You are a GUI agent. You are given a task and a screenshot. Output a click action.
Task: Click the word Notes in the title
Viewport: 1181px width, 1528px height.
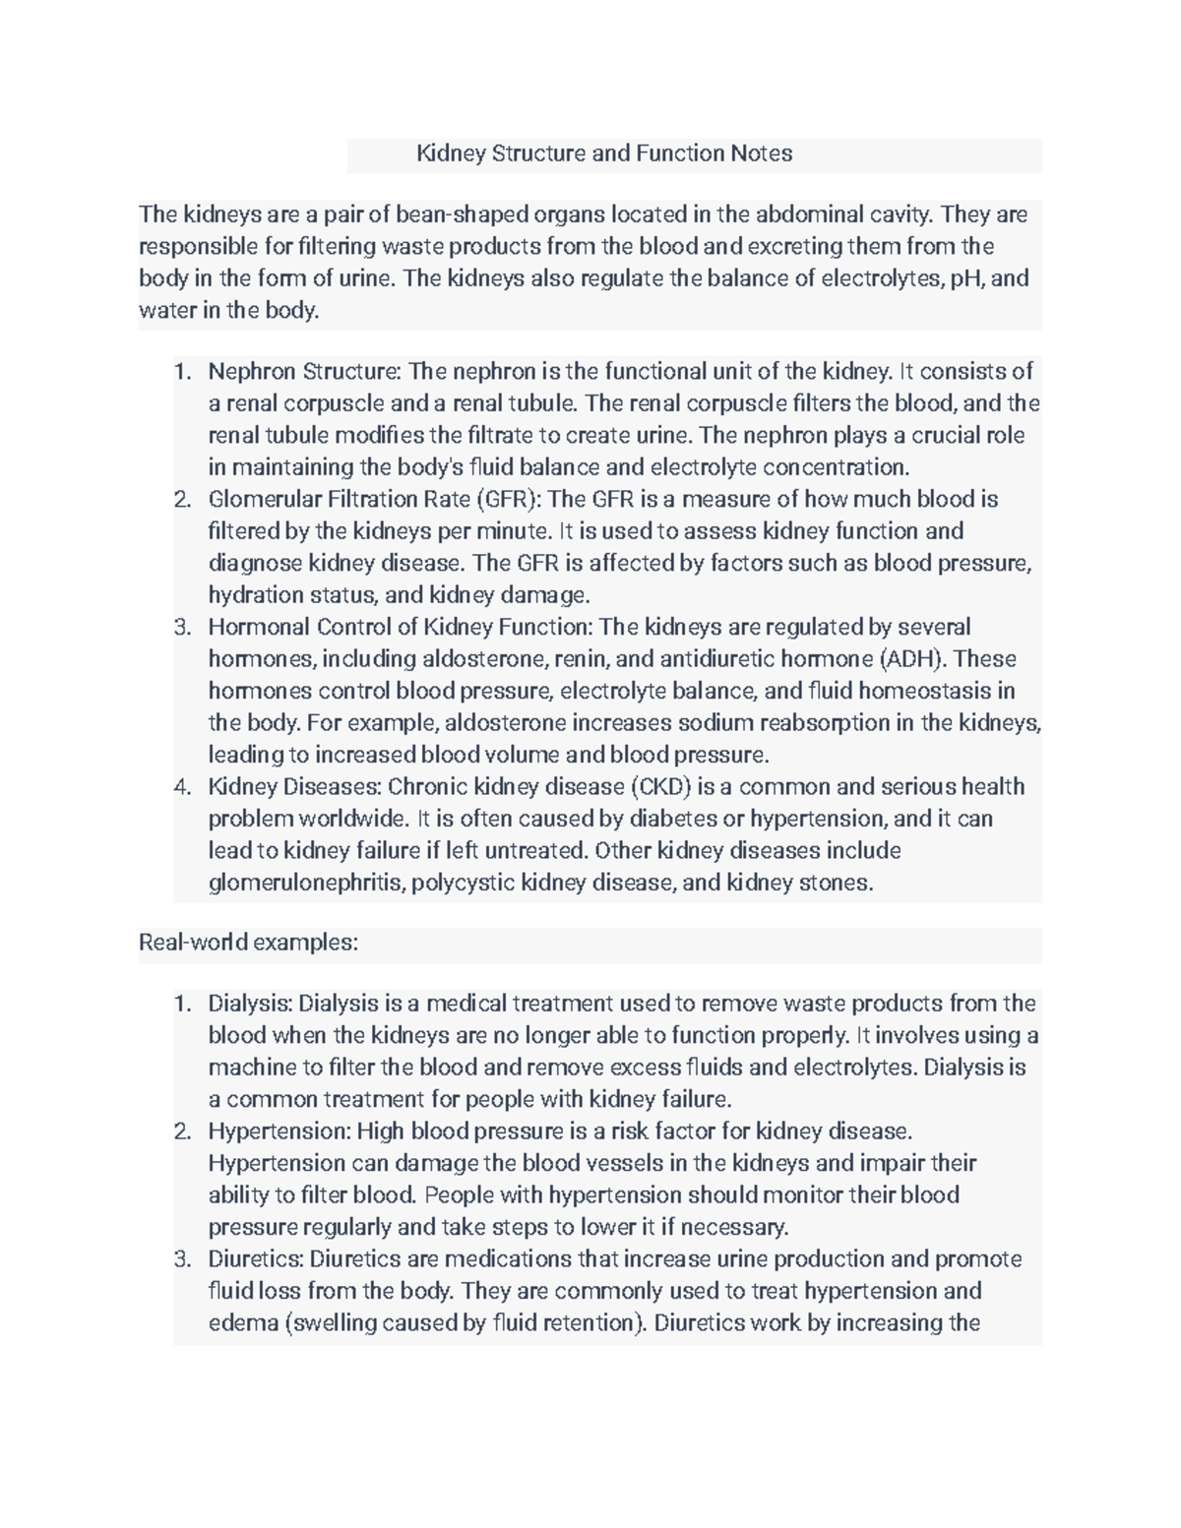click(761, 153)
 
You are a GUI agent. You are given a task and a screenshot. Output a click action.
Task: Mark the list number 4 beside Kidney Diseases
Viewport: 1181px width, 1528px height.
click(181, 787)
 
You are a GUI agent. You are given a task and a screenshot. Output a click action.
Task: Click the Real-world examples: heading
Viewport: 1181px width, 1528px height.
click(248, 943)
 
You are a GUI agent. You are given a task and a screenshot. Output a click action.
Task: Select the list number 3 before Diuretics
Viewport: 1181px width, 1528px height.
click(181, 1259)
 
